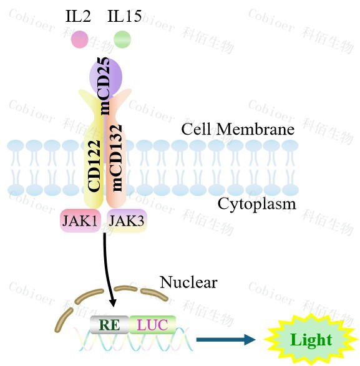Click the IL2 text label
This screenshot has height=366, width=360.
78,16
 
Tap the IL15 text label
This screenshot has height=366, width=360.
125,16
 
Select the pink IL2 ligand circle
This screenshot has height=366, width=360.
80,39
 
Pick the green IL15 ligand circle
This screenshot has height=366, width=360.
122,39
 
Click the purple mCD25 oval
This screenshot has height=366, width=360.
106,77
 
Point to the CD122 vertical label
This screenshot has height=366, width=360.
94,166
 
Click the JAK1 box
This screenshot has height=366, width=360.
80,220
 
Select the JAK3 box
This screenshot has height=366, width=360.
127,220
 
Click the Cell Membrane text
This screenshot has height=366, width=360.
238,129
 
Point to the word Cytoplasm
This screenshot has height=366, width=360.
257,204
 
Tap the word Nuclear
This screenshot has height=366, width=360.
188,282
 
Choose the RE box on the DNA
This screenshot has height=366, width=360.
109,325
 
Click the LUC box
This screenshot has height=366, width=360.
152,325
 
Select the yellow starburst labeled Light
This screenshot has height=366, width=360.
311,340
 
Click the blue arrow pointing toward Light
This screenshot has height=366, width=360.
226,339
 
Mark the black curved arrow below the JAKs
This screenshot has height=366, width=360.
106,269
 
